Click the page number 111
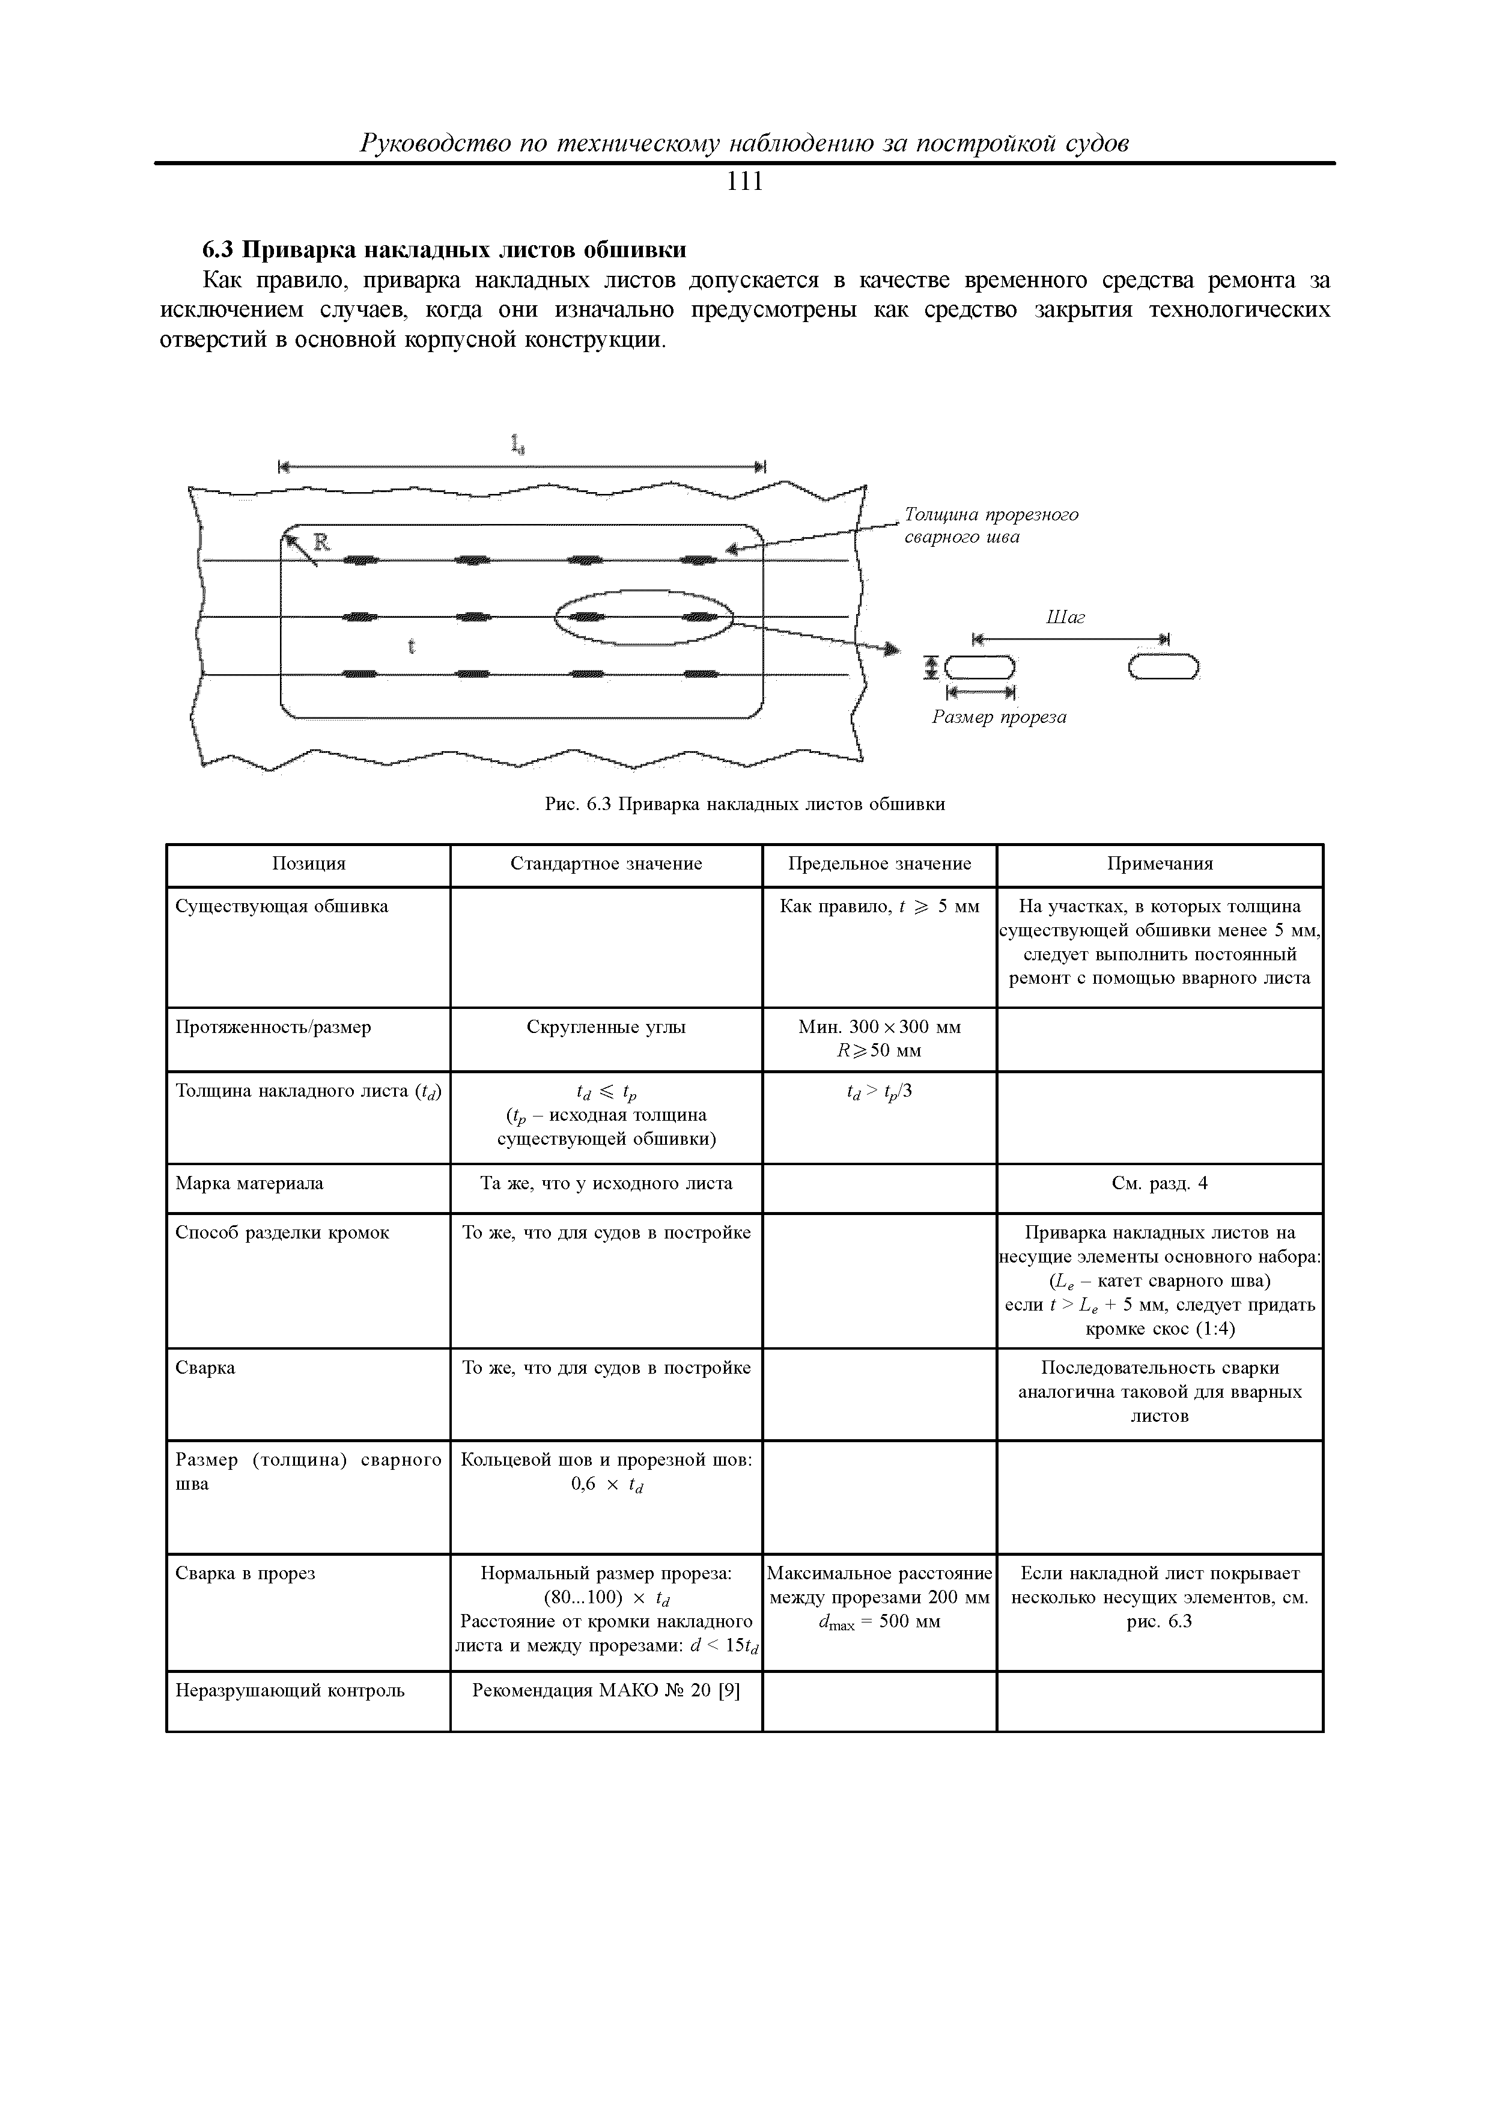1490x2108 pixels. (744, 183)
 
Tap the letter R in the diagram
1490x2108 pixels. (322, 543)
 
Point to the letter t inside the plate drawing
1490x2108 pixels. (412, 647)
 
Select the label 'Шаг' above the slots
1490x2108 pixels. (1065, 618)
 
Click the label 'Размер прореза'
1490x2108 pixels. (1000, 717)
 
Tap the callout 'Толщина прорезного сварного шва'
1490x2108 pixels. (991, 525)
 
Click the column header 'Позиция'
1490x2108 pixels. (308, 864)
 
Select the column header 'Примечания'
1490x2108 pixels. (1160, 864)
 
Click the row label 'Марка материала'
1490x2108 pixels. (250, 1183)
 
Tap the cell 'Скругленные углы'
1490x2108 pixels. (606, 1028)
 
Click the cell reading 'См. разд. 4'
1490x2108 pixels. (1160, 1183)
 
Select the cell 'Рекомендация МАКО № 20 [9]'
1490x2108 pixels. (606, 1690)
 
